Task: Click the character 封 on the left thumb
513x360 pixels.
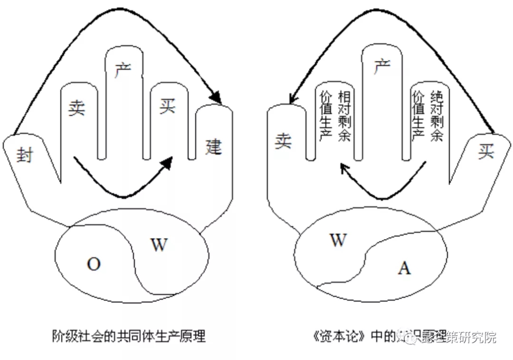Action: point(24,154)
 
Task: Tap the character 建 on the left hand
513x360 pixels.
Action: point(213,147)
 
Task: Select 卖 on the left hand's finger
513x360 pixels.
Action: point(76,109)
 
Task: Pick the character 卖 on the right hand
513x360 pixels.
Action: point(284,141)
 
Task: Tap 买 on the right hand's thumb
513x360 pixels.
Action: point(486,152)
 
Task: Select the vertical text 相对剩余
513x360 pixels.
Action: point(343,116)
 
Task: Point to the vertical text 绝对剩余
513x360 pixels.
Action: point(436,116)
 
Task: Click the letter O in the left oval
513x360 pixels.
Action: point(94,264)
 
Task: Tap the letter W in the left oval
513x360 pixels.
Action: point(159,245)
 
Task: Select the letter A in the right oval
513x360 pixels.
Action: point(404,268)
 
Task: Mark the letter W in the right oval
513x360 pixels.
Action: point(338,240)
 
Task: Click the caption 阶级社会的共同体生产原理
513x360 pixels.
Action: point(128,337)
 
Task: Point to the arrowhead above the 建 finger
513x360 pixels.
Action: point(216,97)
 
